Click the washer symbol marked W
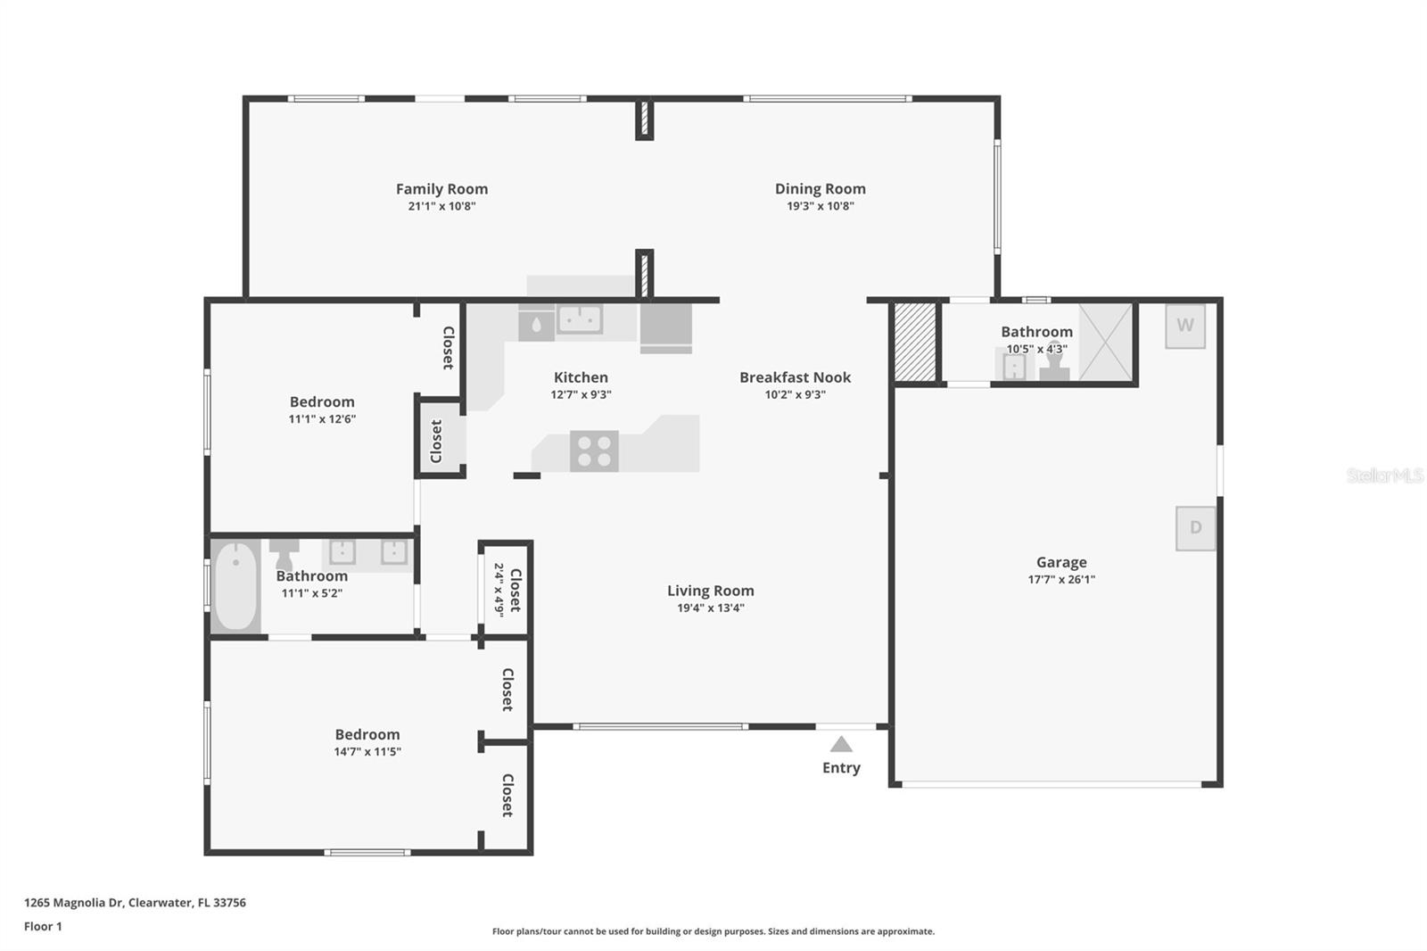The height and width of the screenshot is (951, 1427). pos(1185,326)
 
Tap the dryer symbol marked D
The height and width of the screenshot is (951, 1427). pos(1195,528)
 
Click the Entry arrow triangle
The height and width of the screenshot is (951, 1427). pos(841,744)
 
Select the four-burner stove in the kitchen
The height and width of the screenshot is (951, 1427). pos(594,451)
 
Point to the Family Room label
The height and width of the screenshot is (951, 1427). pos(441,189)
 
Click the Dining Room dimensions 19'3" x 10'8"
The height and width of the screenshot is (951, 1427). pos(820,206)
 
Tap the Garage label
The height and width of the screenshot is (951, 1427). pos(1061,562)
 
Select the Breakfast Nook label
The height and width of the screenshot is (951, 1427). pos(795,377)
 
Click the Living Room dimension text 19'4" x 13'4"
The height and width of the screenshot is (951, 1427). pos(710,608)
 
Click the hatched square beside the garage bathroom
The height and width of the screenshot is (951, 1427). pos(915,343)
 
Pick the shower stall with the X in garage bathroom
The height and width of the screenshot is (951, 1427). pos(1106,342)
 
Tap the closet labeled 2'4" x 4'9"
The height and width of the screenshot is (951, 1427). pos(506,589)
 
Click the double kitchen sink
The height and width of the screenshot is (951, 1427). pos(580,318)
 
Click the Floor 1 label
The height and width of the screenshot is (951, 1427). pos(43,926)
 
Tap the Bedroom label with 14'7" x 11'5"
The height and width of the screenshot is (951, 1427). pos(367,734)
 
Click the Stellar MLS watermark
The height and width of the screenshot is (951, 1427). pos(1384,475)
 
